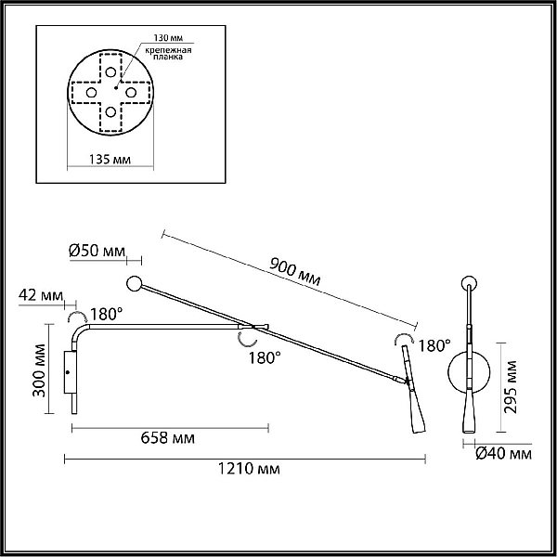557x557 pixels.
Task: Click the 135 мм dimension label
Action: tap(110, 160)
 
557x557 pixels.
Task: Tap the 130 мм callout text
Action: tap(168, 38)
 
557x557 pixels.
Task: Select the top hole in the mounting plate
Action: tap(110, 72)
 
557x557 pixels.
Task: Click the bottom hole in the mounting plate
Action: tap(110, 112)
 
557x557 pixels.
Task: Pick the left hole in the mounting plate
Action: tap(91, 93)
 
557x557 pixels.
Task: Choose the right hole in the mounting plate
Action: tap(131, 93)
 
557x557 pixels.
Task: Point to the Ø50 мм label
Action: tap(97, 251)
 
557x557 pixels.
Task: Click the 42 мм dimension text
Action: tap(41, 295)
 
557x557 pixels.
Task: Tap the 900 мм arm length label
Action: tap(295, 272)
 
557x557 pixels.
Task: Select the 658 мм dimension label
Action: tap(168, 438)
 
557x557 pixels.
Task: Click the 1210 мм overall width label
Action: tap(249, 469)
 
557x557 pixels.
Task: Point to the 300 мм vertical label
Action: tap(39, 370)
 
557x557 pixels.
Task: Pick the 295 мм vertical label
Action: tap(511, 387)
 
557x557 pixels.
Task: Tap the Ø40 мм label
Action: tap(504, 454)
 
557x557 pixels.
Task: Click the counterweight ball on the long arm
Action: tap(134, 284)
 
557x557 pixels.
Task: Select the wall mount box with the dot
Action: tap(70, 372)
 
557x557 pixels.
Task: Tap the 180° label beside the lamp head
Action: tap(434, 345)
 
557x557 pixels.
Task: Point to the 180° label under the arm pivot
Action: tap(265, 357)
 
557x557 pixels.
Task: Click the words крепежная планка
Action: tap(168, 53)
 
